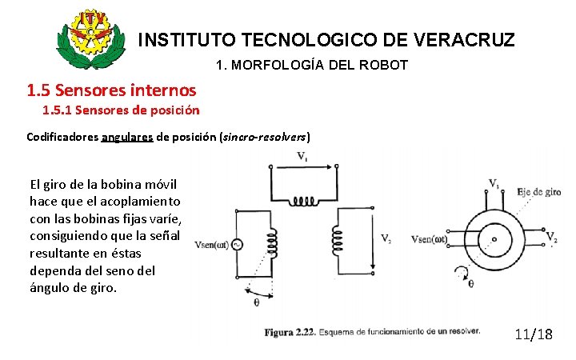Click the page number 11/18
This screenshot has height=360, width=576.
coord(533,334)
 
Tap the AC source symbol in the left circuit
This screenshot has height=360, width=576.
coord(237,246)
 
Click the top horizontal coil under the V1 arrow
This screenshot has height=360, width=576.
coord(303,199)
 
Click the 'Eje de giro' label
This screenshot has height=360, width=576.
coord(539,192)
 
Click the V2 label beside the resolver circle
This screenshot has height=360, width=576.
coord(551,238)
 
